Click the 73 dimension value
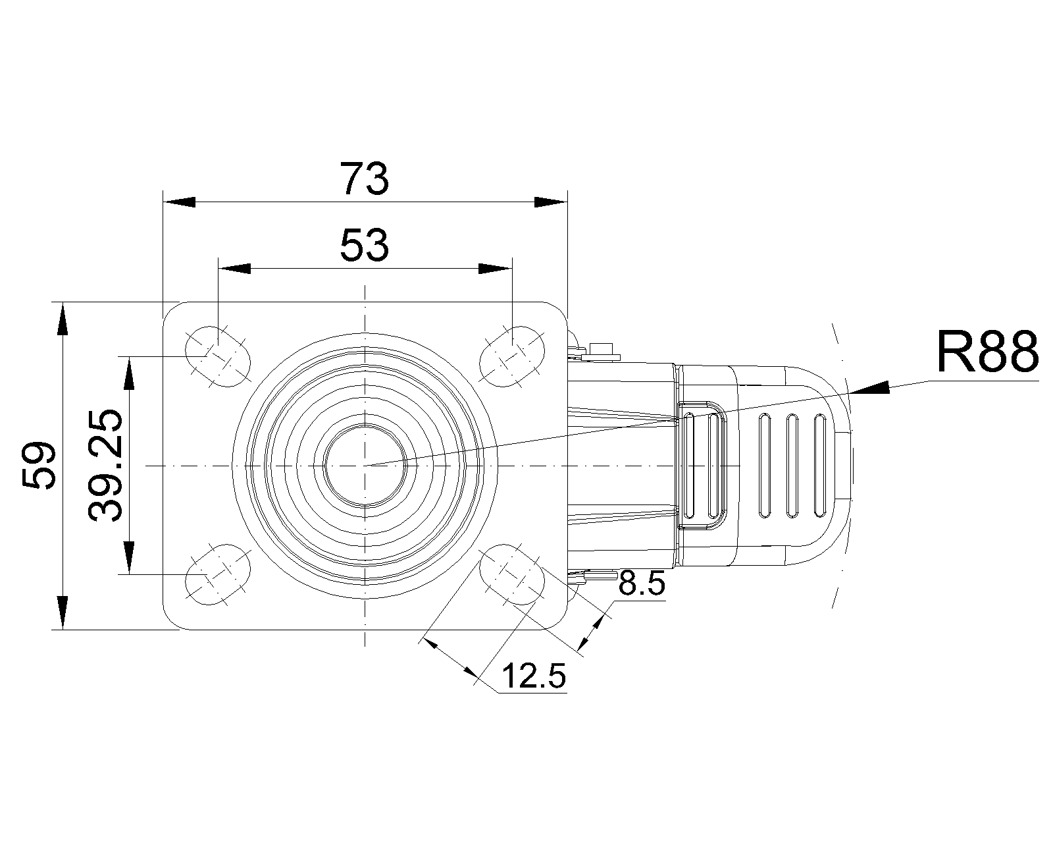point(365,180)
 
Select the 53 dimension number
point(365,246)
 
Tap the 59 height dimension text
point(38,466)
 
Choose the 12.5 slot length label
point(534,676)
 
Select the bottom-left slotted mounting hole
point(218,575)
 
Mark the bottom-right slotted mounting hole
point(512,575)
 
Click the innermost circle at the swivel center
point(365,466)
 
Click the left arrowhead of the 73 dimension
point(180,202)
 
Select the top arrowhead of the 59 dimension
point(63,319)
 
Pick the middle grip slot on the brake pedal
point(792,465)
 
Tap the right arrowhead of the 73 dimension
point(550,202)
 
